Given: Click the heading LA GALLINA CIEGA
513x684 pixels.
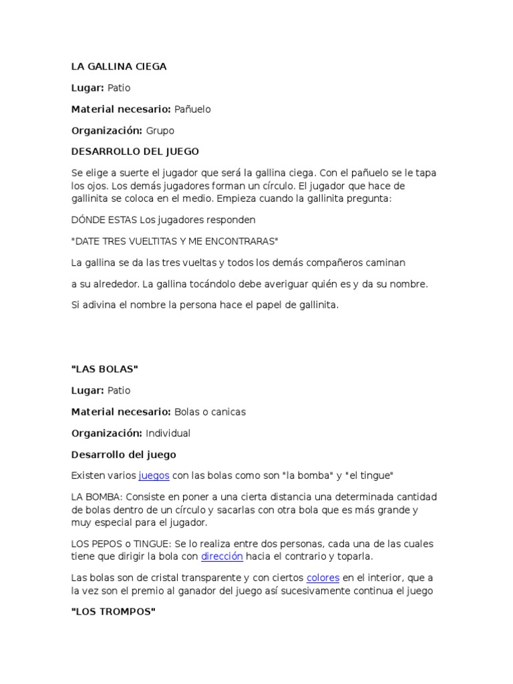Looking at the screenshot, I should (119, 67).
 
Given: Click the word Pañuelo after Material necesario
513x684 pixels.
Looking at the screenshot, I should (192, 110).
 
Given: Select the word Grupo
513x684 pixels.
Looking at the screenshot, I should (160, 131).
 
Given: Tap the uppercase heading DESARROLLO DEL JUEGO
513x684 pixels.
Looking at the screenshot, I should (135, 152).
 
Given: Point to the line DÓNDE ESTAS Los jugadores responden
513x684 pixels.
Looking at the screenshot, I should (163, 219).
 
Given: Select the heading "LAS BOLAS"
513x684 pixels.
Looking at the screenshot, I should (104, 369).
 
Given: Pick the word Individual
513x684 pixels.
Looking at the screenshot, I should (168, 434).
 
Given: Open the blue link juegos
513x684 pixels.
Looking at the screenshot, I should (154, 476).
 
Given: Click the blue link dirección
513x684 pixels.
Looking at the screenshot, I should (222, 556).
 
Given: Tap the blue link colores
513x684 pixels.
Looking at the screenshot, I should (323, 578).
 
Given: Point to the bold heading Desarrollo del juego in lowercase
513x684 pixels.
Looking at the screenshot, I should (124, 455).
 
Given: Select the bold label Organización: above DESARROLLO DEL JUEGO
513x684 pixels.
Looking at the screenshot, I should (107, 131).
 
